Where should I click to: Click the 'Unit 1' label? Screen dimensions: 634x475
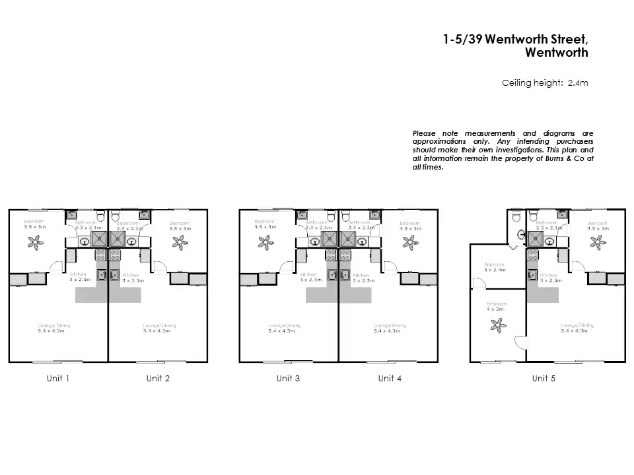tap(58, 378)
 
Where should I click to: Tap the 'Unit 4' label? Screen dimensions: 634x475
tap(389, 378)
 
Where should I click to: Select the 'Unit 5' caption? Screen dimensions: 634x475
tap(544, 378)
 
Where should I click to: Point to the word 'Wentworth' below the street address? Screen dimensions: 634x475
tap(556, 53)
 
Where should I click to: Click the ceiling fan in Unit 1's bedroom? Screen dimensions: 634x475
tap(34, 242)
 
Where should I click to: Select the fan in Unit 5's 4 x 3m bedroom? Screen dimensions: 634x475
tap(496, 324)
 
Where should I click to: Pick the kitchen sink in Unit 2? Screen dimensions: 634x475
tap(114, 275)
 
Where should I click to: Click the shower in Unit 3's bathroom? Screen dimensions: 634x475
tap(328, 238)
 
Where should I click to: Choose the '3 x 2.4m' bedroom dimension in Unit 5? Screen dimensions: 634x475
tap(495, 270)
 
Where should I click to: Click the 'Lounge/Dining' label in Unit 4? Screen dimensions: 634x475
tap(390, 325)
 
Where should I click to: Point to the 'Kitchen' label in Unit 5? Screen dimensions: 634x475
tap(548, 275)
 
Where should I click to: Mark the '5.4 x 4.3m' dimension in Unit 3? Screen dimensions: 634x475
tap(281, 331)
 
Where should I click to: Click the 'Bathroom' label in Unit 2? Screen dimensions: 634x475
tap(127, 223)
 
